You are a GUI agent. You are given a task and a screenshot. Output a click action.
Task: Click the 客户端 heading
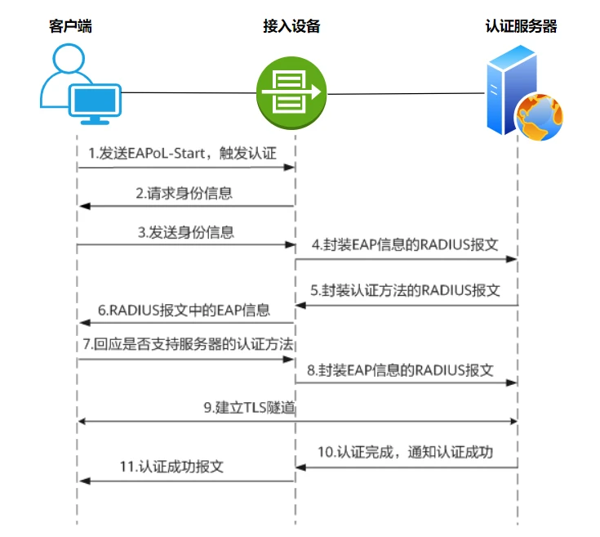(x=69, y=26)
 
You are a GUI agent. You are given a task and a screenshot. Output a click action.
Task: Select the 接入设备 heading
(x=291, y=26)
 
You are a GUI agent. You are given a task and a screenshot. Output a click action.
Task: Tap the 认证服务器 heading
(x=521, y=26)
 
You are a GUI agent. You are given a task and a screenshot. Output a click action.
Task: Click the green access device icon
(x=291, y=92)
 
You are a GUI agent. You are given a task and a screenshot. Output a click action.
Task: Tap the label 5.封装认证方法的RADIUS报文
(x=405, y=291)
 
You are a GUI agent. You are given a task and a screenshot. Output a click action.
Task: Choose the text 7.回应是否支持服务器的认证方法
(x=187, y=344)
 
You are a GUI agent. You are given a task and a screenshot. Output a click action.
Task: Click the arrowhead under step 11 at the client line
(x=82, y=481)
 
